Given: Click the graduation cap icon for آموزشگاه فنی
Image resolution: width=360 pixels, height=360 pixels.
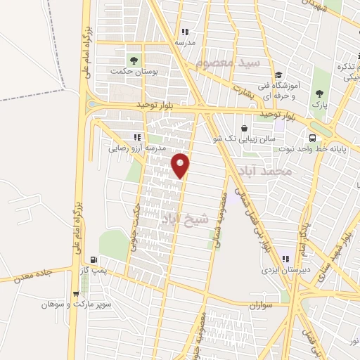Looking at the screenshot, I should [x=278, y=75].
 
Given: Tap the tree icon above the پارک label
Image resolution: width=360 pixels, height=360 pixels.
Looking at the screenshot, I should [x=320, y=93].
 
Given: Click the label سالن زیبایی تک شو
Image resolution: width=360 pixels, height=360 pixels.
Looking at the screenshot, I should [x=243, y=139].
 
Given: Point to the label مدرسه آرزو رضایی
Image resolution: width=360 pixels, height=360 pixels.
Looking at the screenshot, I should [x=136, y=148].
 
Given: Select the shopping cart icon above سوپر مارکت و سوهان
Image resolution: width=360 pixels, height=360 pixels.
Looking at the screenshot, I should [x=76, y=294].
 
